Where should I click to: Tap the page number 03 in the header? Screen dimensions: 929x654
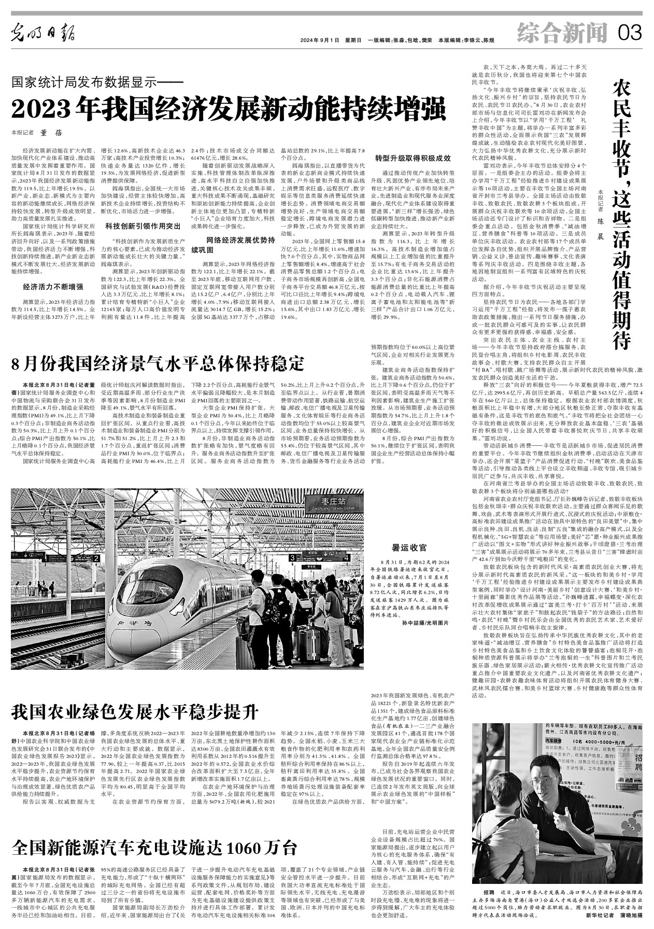[x=630, y=34]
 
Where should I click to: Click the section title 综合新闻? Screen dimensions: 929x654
[x=562, y=34]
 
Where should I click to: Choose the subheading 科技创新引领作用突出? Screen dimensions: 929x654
[x=143, y=226]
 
